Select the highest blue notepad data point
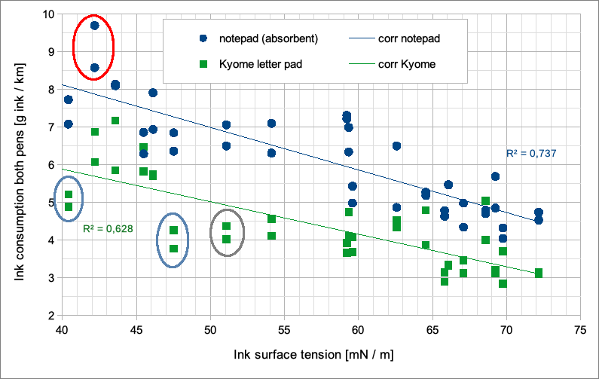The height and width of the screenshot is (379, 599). [x=95, y=26]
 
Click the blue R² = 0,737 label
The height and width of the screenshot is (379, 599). [x=530, y=154]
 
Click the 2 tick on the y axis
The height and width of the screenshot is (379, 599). [x=50, y=316]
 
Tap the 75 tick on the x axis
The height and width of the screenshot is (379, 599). [x=579, y=329]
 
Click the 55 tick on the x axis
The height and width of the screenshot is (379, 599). [x=283, y=329]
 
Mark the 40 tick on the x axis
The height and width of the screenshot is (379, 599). [x=61, y=329]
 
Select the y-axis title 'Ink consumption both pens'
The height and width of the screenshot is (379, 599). [x=20, y=164]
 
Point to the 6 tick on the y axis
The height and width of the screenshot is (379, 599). [x=50, y=165]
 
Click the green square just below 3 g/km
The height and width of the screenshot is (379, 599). [x=503, y=283]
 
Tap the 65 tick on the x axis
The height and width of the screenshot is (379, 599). [x=431, y=329]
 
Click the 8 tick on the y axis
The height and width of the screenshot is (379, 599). [x=50, y=90]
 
